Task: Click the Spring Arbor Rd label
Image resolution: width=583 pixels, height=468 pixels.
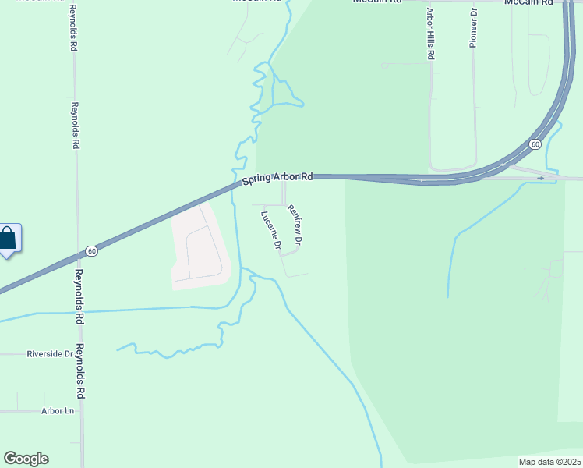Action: coord(277,179)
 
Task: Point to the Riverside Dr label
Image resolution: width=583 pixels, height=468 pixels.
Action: coord(49,353)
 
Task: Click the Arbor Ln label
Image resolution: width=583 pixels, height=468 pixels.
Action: coord(57,411)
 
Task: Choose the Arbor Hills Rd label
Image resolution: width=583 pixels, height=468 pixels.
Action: coord(429,34)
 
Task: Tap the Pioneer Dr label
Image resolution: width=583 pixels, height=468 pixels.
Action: coord(473,28)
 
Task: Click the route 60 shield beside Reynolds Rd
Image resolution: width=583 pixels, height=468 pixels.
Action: coord(92,251)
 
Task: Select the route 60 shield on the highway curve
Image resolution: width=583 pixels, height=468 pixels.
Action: coord(535,144)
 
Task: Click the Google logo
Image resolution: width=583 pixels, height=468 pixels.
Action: coord(26,459)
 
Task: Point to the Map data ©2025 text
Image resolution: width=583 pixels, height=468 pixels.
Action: coord(549,462)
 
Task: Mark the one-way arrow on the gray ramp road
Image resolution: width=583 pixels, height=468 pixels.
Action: coord(541,178)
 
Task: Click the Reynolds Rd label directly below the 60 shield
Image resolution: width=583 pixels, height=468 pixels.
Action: coord(79,285)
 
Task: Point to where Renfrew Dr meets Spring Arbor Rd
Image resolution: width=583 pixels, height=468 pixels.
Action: coord(284,179)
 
